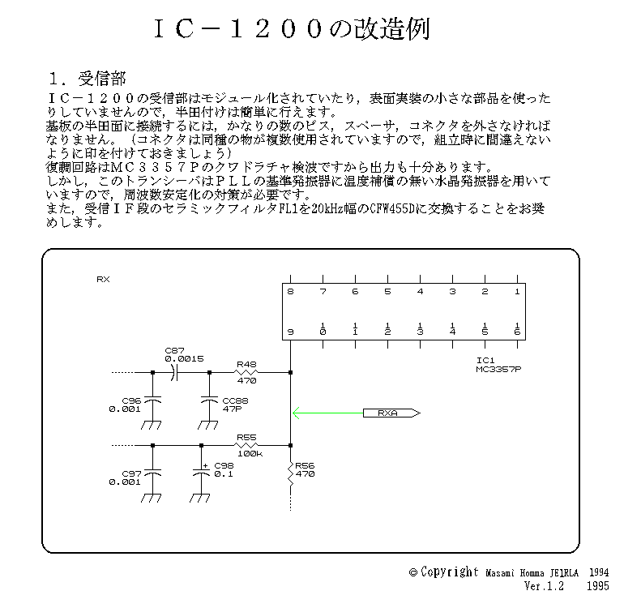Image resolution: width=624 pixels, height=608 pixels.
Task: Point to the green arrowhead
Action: (x=297, y=413)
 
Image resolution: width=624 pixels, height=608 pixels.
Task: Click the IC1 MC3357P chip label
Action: (x=498, y=366)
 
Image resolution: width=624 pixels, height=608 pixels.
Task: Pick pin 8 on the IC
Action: (x=290, y=292)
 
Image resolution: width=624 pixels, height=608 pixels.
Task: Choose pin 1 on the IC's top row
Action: (x=516, y=292)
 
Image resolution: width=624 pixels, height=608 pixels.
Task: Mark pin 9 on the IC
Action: (x=290, y=330)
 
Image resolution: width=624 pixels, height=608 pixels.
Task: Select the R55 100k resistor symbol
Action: (x=246, y=445)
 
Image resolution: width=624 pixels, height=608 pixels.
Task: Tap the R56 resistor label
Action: (x=305, y=470)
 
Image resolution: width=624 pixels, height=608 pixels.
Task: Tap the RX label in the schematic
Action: (x=103, y=280)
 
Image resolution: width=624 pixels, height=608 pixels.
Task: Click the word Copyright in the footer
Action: (x=450, y=572)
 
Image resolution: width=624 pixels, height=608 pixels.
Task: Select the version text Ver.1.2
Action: (x=543, y=585)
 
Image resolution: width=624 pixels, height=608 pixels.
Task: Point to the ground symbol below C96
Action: (x=152, y=426)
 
